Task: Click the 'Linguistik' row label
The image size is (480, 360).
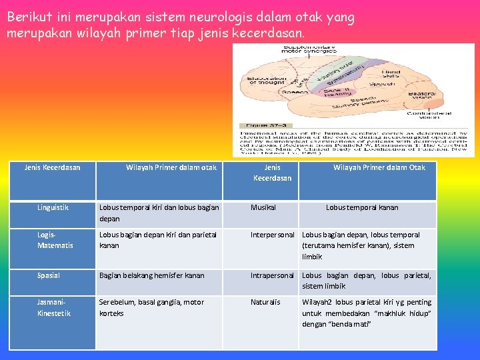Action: (x=53, y=207)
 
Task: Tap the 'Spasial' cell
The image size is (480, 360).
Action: (x=49, y=275)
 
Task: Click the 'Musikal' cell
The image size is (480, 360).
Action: (x=263, y=207)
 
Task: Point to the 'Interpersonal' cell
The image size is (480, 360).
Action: (x=272, y=235)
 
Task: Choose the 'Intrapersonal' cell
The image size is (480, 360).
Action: (x=272, y=275)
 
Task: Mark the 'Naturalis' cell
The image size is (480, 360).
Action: (x=265, y=302)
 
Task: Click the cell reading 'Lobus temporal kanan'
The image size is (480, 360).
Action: (x=362, y=207)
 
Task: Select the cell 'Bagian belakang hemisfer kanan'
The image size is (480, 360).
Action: (x=151, y=275)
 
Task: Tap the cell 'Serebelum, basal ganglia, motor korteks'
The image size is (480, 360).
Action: (x=151, y=307)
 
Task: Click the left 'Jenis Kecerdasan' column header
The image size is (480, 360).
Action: (x=52, y=167)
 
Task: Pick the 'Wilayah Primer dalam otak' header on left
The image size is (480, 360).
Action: (x=171, y=167)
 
